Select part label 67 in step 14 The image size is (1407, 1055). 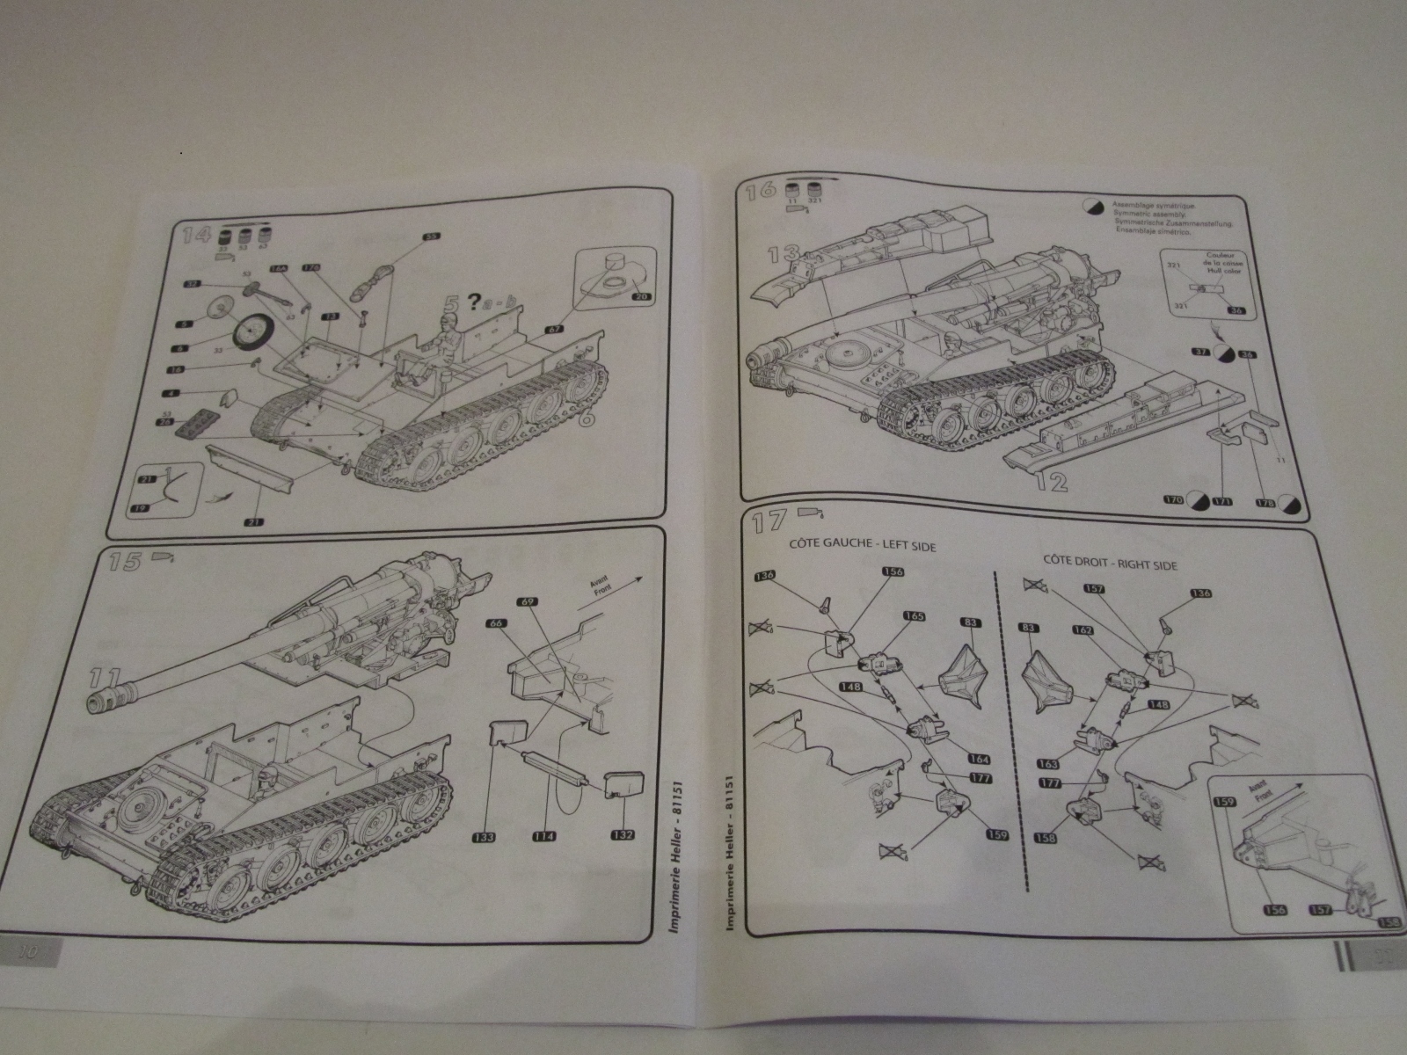coord(553,329)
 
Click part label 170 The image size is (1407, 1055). coord(1172,501)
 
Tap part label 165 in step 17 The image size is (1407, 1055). coord(915,616)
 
